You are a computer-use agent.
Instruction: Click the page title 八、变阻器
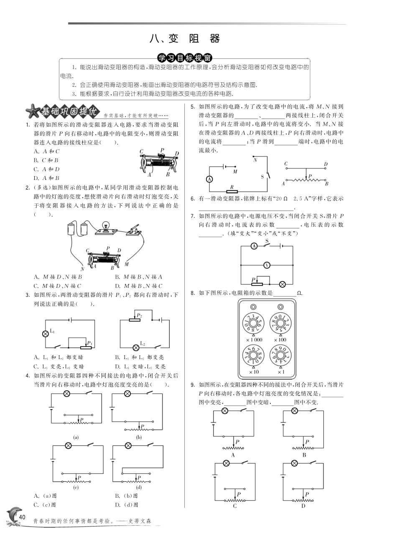[185, 39]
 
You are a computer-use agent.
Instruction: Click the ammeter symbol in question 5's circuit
[210, 179]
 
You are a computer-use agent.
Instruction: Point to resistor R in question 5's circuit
[232, 192]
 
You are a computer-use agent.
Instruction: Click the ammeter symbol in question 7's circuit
[254, 246]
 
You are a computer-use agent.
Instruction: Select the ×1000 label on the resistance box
[253, 339]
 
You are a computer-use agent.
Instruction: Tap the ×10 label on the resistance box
[253, 372]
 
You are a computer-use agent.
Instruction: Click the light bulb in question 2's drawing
[106, 227]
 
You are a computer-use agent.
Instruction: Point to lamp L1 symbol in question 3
[46, 333]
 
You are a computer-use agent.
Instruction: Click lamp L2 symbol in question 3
[136, 347]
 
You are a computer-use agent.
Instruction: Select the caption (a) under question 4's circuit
[76, 437]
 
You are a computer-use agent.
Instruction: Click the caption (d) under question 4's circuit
[139, 487]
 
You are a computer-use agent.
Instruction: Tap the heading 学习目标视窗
[185, 57]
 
